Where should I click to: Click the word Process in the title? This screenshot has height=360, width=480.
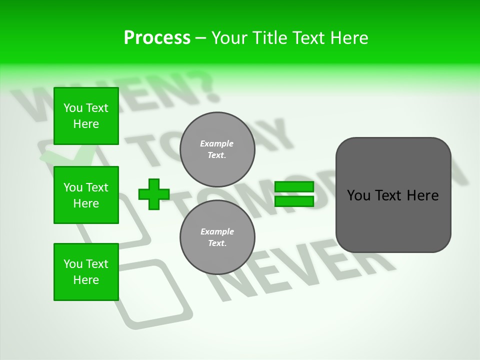(157, 38)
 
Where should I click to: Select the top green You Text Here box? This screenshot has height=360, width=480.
(86, 116)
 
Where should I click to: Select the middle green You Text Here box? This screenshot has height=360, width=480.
(86, 195)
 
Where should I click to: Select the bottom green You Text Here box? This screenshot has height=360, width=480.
(86, 272)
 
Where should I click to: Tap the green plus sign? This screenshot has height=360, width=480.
(153, 194)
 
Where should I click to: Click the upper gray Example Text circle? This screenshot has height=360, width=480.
(217, 149)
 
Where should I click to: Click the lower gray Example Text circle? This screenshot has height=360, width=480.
(217, 237)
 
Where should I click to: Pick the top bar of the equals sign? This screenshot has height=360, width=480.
(294, 187)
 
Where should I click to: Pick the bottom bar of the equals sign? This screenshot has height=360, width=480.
(294, 201)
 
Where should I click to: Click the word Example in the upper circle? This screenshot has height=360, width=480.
(217, 143)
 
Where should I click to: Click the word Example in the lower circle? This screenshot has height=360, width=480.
(217, 231)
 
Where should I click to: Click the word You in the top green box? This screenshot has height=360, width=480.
(72, 108)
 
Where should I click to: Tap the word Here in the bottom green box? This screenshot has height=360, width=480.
(86, 280)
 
